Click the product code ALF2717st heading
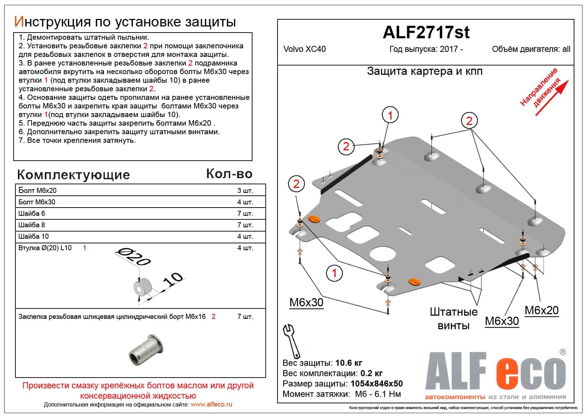426,33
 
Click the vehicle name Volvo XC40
304,49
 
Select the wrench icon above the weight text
292,340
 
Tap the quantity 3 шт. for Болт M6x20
245,190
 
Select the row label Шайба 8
32,225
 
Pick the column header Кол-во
229,174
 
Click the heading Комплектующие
73,175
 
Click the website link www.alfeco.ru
211,404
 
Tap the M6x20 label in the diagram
541,310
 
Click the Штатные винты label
454,318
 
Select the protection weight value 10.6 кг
349,363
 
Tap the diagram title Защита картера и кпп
425,71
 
